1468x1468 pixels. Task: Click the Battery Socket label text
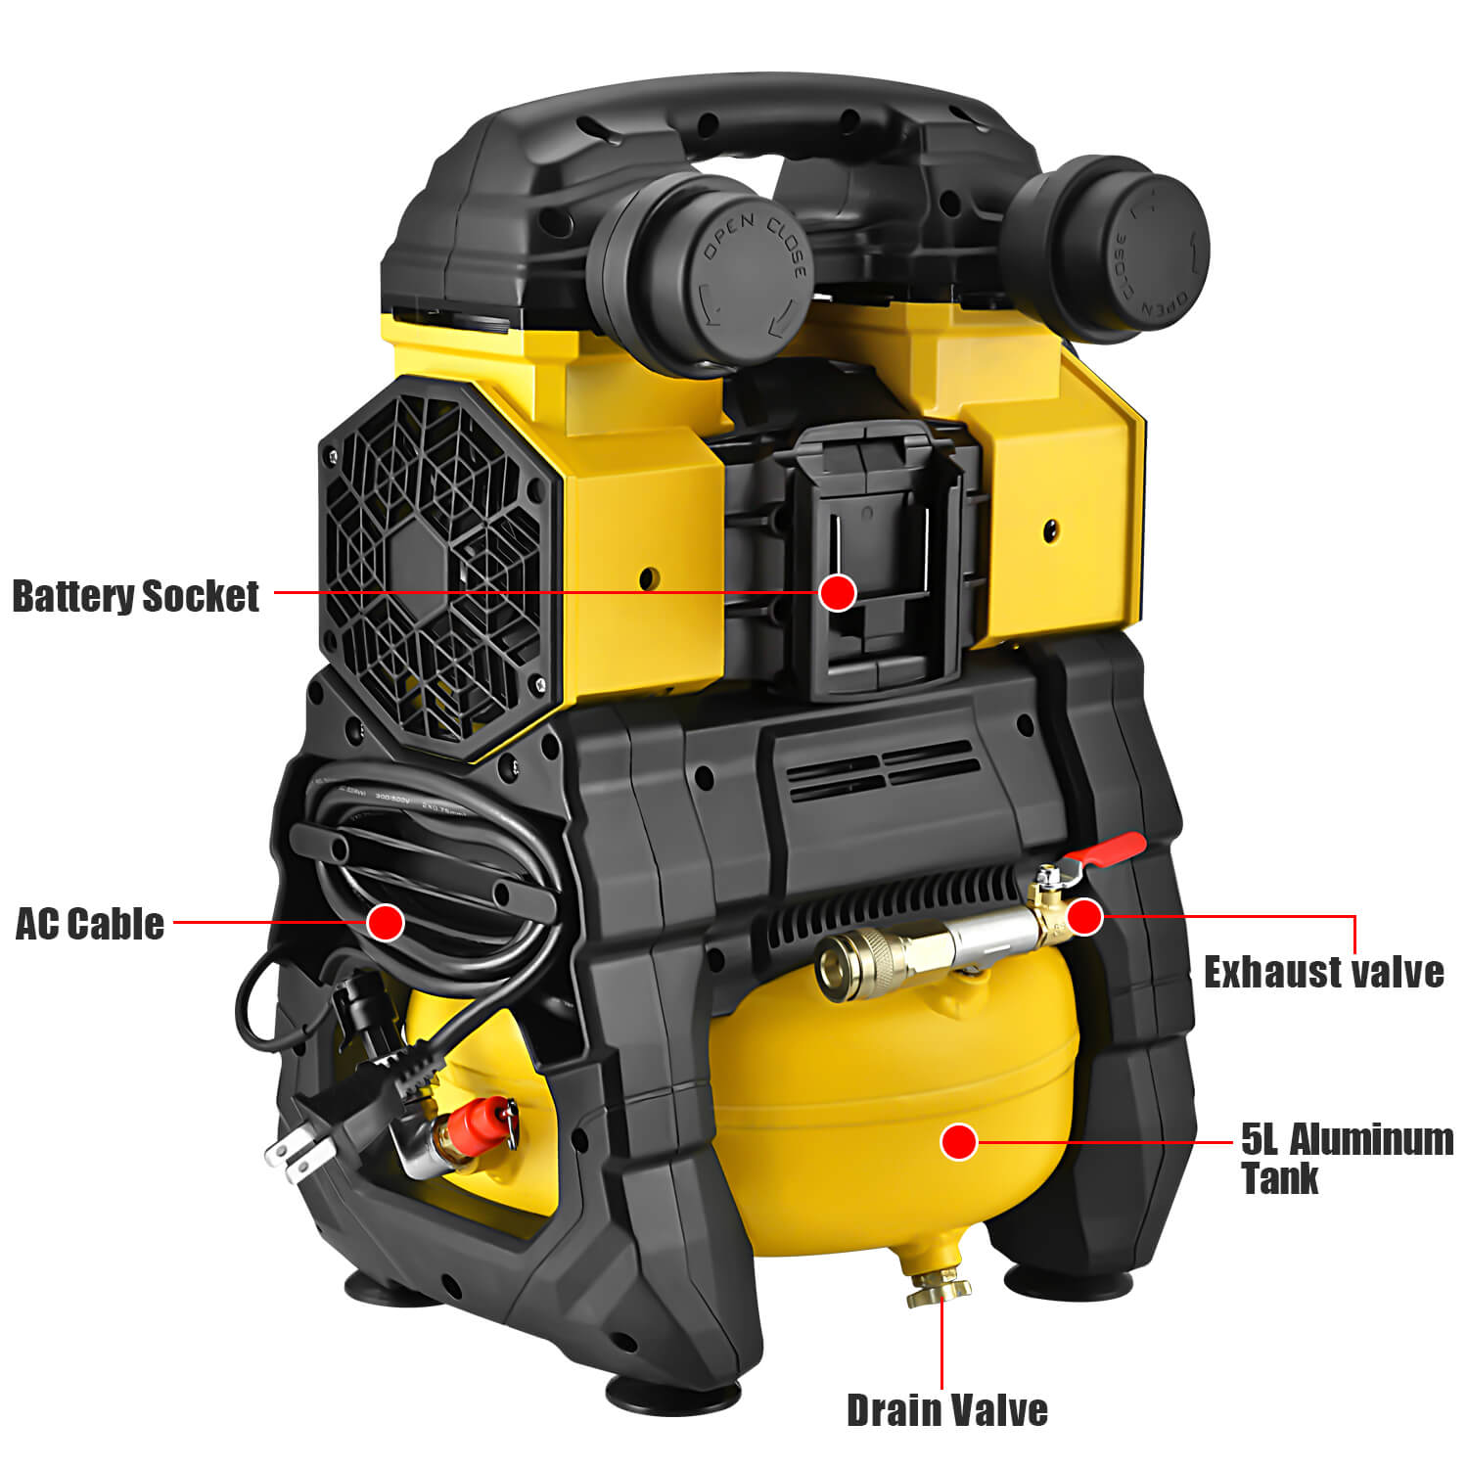pos(136,596)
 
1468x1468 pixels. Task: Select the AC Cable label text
pos(90,923)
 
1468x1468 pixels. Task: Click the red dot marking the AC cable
pos(386,921)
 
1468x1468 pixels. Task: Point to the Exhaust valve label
pos(1323,972)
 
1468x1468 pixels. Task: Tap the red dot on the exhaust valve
pos(1084,917)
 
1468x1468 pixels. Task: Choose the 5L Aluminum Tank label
pos(1347,1158)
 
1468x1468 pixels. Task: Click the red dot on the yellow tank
pos(959,1141)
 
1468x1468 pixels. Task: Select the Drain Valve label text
pos(946,1410)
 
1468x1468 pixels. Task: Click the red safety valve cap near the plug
pos(494,1119)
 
